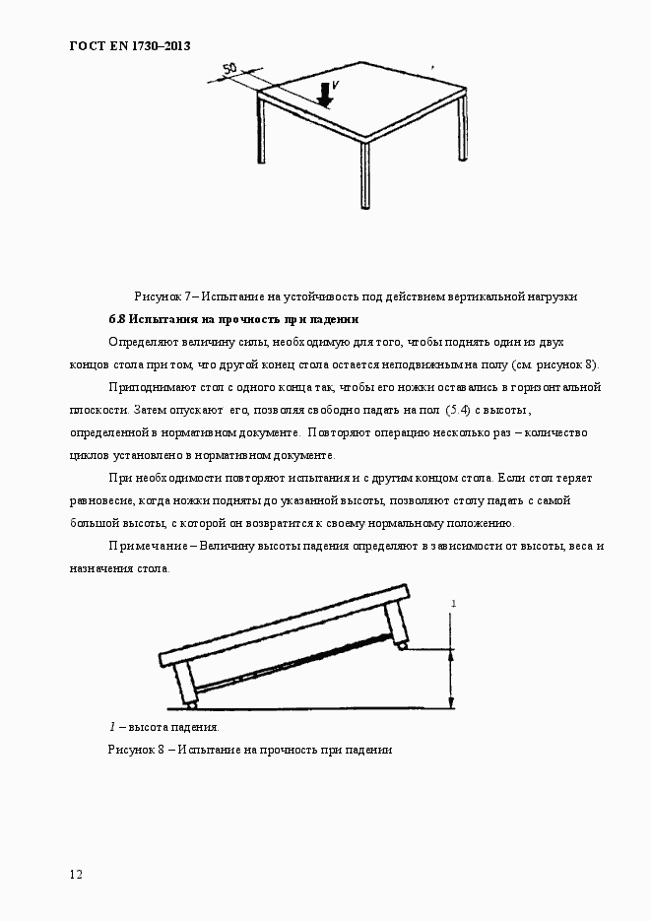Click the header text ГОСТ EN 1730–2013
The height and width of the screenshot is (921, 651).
tap(129, 46)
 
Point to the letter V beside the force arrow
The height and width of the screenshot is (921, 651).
tap(336, 87)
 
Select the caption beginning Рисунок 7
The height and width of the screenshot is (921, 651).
tap(355, 296)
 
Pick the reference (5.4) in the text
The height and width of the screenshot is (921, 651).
tap(462, 409)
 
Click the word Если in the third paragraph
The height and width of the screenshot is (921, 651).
tap(511, 478)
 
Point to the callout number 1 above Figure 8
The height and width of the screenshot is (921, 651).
tap(452, 602)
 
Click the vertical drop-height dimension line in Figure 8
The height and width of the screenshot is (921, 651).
tap(452, 678)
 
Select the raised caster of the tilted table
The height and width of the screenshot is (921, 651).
tap(401, 646)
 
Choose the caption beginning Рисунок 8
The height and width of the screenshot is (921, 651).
tap(250, 750)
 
